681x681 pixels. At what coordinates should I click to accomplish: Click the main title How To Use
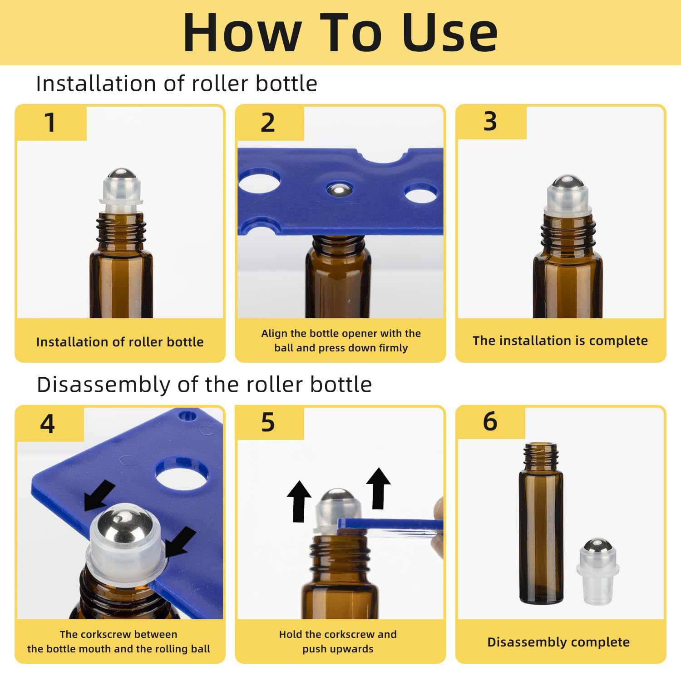pos(340,33)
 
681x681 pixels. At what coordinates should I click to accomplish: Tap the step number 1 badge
pos(50,123)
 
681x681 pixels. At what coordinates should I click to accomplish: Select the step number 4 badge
pos(48,424)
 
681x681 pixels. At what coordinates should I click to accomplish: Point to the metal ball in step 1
pos(120,174)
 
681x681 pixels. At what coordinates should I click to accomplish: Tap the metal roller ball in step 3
pos(567,181)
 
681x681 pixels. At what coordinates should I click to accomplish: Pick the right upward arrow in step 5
pos(378,488)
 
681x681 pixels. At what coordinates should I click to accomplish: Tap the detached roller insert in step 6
pos(597,572)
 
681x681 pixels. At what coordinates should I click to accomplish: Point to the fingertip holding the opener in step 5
pos(438,513)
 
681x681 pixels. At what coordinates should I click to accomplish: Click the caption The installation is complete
pos(560,340)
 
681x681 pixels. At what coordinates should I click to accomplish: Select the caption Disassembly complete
pos(558,642)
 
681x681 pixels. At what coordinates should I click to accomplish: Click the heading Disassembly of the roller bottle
pos(204,385)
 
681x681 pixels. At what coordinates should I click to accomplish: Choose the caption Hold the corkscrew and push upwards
pos(338,642)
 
